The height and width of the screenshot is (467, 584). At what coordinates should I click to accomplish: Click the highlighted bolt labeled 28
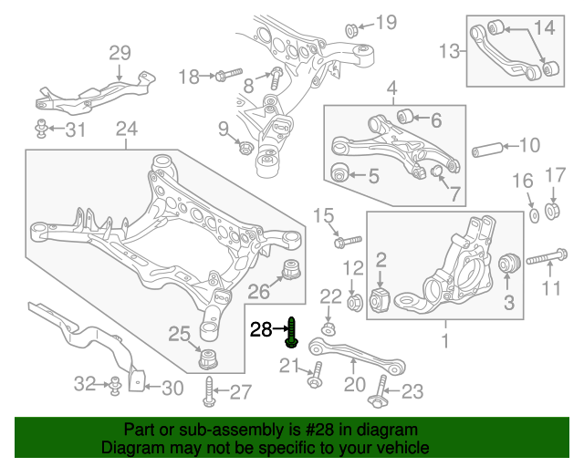291,332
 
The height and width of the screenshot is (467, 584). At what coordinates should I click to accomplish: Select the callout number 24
127,130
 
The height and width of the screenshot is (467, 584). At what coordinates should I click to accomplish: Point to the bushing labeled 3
508,265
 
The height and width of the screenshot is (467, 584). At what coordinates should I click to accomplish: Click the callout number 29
120,53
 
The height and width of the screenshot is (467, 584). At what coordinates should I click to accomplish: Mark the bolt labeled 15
348,241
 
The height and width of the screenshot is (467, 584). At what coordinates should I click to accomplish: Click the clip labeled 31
43,127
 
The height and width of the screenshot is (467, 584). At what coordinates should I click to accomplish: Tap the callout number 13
450,51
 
